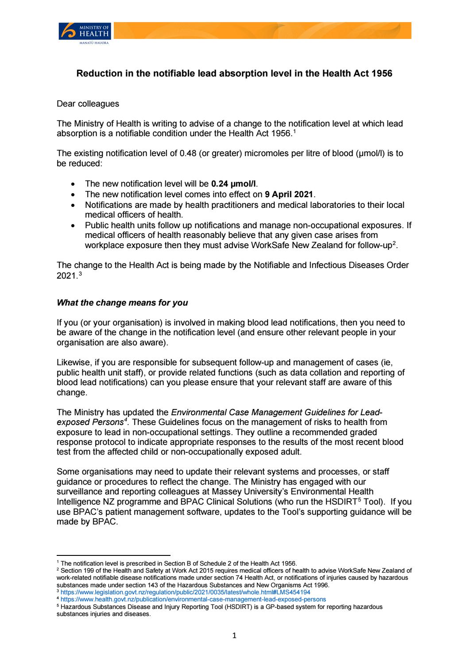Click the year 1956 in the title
pos(382,74)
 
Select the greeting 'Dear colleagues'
pos(88,104)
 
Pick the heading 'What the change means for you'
pos(122,303)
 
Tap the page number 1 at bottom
pos(235,636)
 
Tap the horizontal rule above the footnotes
pos(114,555)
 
